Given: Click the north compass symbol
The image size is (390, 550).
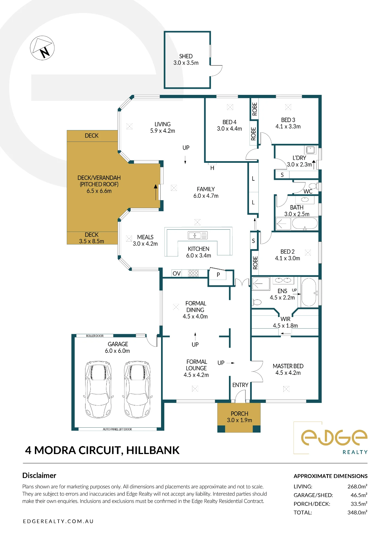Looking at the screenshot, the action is (42, 48).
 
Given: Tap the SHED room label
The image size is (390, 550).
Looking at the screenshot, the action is (186, 56).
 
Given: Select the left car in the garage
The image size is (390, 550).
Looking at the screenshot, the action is (98, 389).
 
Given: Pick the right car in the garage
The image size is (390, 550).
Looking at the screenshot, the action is (137, 389).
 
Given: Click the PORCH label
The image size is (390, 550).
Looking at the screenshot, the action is (239, 414).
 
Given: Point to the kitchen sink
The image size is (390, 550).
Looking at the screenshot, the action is (198, 235).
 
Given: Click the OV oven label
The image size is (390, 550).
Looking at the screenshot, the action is (176, 273).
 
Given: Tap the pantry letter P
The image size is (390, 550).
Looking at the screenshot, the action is (218, 275).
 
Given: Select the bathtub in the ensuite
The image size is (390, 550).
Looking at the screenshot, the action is (309, 292).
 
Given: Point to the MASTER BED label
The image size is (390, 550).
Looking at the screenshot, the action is (288, 366).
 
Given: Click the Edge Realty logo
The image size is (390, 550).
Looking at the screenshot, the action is (334, 438).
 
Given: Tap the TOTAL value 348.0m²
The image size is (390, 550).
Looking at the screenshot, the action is (357, 512).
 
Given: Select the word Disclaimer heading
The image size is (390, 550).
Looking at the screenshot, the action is (39, 475).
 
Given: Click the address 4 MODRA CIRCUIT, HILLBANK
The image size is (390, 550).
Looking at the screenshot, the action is (102, 450).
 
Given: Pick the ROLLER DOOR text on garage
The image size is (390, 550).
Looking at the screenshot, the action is (95, 336).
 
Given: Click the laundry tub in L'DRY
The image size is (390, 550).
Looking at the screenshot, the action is (311, 150).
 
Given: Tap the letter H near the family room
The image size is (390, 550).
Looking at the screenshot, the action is (212, 168).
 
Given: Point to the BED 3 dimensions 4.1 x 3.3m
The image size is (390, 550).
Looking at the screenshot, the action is (288, 127).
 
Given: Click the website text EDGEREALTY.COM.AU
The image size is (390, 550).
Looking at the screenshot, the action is (58, 521).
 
